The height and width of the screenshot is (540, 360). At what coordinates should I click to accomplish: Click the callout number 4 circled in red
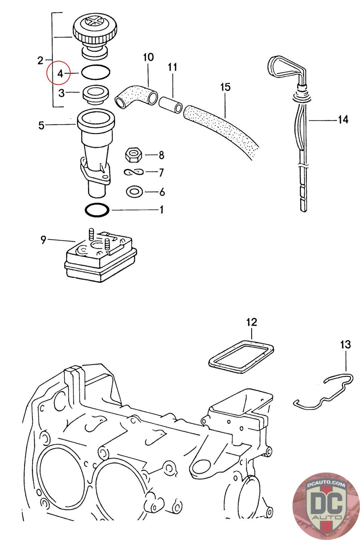pyautogui.click(x=60, y=73)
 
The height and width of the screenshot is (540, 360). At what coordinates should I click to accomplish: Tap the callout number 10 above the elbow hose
pyautogui.click(x=148, y=57)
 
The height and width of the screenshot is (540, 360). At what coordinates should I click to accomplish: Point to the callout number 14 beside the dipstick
pyautogui.click(x=343, y=119)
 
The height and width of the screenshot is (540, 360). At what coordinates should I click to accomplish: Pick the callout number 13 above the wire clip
pyautogui.click(x=345, y=345)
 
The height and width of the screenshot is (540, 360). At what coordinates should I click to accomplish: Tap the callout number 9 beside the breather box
pyautogui.click(x=43, y=240)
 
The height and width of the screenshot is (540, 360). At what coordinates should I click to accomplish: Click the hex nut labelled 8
pyautogui.click(x=133, y=155)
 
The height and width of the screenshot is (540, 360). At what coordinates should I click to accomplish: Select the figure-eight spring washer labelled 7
pyautogui.click(x=134, y=172)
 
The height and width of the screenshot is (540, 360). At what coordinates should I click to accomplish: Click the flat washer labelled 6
pyautogui.click(x=134, y=192)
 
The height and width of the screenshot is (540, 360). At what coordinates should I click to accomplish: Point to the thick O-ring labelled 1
pyautogui.click(x=97, y=210)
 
